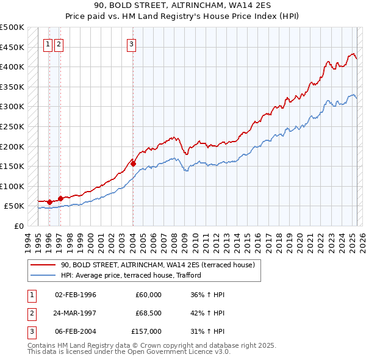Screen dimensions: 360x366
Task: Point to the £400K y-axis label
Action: (x=12, y=67)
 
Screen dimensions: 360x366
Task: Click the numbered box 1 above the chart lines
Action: (x=48, y=44)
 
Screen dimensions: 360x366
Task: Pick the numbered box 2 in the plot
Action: (x=59, y=44)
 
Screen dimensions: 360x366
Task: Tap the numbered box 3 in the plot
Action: (x=132, y=44)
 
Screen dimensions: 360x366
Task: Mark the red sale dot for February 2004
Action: (x=132, y=163)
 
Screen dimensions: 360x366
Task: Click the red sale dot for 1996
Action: (x=49, y=202)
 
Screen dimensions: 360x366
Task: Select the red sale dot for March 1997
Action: (x=60, y=198)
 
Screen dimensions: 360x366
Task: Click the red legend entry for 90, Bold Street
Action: (x=161, y=265)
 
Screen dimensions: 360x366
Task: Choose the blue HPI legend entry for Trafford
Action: (x=131, y=276)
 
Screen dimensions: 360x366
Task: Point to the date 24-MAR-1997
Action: (x=76, y=313)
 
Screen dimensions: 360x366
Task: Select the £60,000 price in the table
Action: (x=148, y=295)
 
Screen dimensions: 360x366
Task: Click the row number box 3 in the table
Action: (x=30, y=331)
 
